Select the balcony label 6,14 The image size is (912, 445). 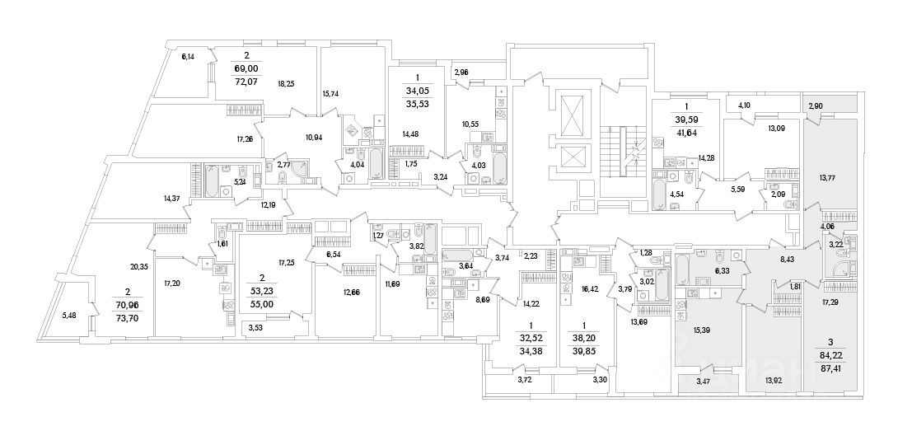pyautogui.click(x=188, y=57)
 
